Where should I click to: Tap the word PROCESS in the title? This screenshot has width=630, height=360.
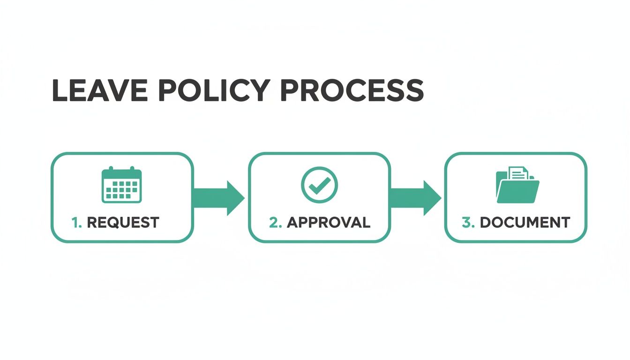coord(352,91)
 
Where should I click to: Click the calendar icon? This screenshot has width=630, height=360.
coord(121,185)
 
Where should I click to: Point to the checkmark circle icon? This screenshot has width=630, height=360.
coord(319,185)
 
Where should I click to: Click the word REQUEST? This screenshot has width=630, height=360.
coord(123,222)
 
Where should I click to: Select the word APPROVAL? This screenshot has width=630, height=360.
coord(328,222)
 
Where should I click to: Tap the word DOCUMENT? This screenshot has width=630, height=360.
coord(525,222)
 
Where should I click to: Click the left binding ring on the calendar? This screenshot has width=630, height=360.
coord(111,169)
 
